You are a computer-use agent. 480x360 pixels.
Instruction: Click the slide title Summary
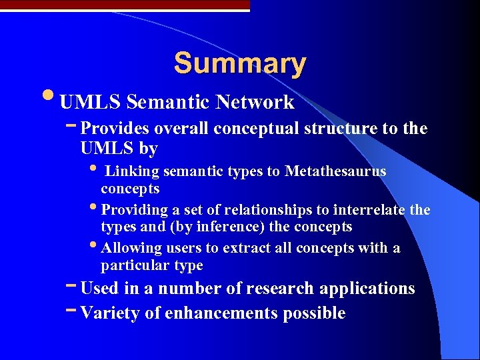click(x=240, y=63)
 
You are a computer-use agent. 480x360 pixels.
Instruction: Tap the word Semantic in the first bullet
click(x=166, y=102)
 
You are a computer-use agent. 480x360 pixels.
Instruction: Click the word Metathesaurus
click(x=335, y=171)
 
